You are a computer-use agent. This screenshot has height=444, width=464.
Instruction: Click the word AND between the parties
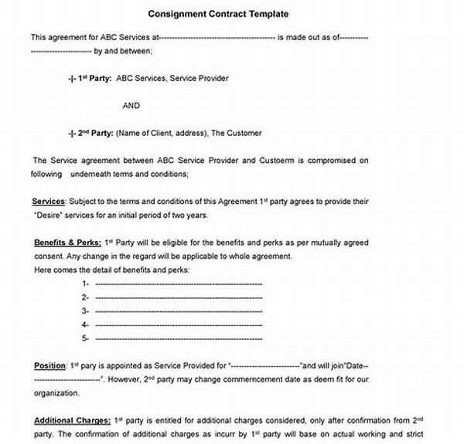(131, 106)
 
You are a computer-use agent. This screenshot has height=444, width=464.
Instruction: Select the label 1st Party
(95, 78)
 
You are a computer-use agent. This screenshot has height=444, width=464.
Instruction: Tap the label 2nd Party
(95, 133)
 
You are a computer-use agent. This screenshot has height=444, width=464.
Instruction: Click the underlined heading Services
(49, 201)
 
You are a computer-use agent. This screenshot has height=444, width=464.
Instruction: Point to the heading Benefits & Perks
(68, 242)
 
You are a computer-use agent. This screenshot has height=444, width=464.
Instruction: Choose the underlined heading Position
(49, 365)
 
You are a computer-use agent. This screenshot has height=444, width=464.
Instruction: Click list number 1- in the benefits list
(85, 283)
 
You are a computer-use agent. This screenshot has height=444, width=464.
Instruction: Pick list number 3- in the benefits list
(85, 310)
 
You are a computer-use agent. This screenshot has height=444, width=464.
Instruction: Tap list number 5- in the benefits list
(85, 337)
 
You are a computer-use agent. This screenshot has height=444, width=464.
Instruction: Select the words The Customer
(237, 133)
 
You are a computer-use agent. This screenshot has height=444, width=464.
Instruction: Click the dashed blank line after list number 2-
(178, 297)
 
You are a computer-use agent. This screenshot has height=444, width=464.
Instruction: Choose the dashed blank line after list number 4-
(178, 324)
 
